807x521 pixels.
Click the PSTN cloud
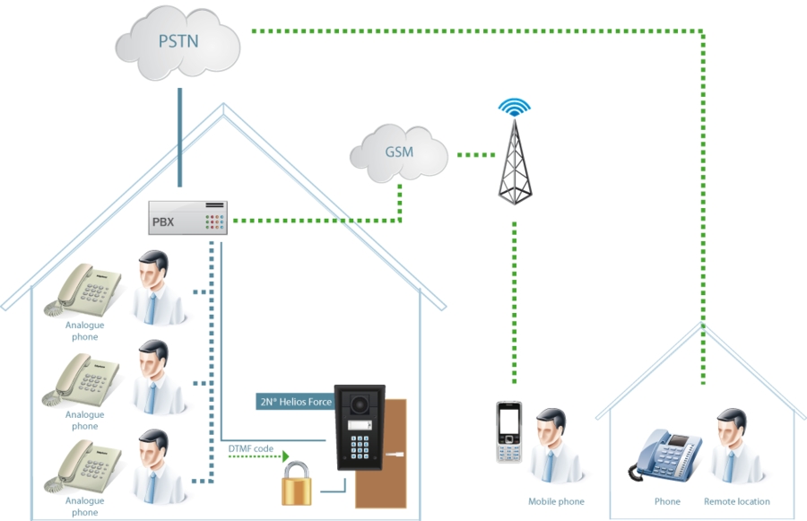[x=178, y=43]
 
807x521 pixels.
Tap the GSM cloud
[x=399, y=153]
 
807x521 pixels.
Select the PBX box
[x=188, y=218]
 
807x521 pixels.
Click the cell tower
[x=515, y=161]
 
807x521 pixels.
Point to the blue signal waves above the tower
[x=514, y=107]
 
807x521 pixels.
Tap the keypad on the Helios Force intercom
[x=360, y=447]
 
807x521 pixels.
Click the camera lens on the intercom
[x=360, y=404]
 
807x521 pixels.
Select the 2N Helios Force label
[x=296, y=402]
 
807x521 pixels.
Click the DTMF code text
[x=251, y=448]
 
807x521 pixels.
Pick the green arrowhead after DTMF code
[x=286, y=456]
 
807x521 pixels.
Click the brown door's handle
[x=395, y=455]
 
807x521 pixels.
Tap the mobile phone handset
[x=509, y=432]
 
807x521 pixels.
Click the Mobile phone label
[x=556, y=501]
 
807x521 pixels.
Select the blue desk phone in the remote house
[x=664, y=456]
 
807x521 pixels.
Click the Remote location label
[x=737, y=501]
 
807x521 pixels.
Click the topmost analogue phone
[x=83, y=290]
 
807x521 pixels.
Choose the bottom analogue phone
[x=83, y=465]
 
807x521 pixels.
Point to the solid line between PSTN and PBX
[x=179, y=137]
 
